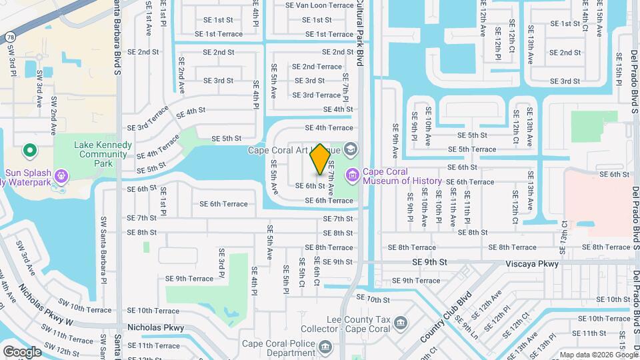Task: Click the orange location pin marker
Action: (320, 159)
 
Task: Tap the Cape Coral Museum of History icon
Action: (352, 175)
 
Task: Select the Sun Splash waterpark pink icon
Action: (61, 176)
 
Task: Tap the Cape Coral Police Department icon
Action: (325, 347)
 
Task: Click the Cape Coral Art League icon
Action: (351, 149)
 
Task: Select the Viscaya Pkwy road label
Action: (531, 264)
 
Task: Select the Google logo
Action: (22, 351)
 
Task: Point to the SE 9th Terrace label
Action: (189, 279)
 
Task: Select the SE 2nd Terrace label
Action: (317, 67)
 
